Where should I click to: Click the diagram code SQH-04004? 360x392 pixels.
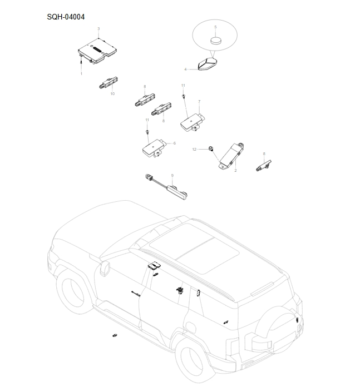tap(66, 17)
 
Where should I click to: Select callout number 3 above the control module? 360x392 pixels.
tap(98, 28)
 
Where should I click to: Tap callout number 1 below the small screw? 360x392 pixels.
tap(81, 73)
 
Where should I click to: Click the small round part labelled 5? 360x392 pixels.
tap(215, 41)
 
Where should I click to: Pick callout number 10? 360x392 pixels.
tap(112, 94)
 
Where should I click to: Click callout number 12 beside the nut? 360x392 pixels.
tap(194, 150)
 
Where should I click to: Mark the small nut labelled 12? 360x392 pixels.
tap(211, 148)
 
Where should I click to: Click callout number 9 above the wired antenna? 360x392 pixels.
tap(172, 176)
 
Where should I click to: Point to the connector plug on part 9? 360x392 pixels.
tap(148, 178)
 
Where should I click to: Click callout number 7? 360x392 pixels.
tap(199, 102)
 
